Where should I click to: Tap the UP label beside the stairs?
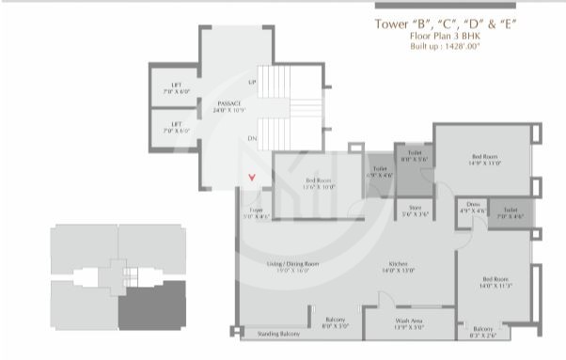coord(252,83)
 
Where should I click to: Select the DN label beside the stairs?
coord(252,138)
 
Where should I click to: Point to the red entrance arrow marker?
coord(251,176)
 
